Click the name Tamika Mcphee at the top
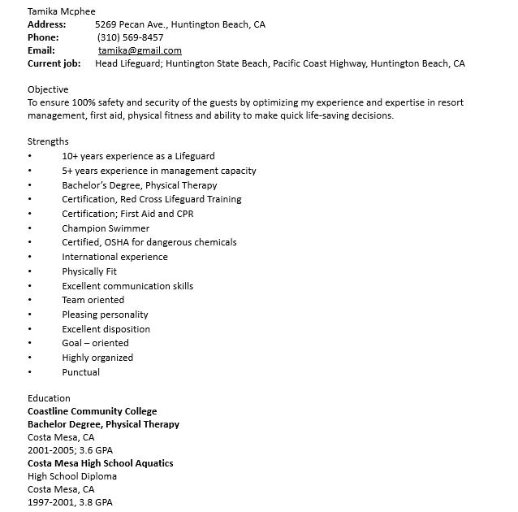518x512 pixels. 61,11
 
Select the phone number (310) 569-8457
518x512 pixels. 130,37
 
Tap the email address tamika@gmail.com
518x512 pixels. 140,50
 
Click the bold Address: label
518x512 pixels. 46,24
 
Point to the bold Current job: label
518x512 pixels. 54,63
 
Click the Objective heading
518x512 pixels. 48,89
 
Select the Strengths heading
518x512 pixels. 48,141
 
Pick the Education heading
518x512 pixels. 49,398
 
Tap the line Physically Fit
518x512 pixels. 89,271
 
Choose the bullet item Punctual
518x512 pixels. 81,372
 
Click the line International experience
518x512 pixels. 114,257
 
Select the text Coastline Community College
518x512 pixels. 92,411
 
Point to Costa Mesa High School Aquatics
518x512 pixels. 100,463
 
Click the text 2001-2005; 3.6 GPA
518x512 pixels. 70,450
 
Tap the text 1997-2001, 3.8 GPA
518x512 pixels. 70,502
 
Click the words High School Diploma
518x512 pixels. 72,476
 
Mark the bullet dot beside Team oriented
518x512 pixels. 30,301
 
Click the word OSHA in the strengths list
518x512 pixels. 117,242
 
